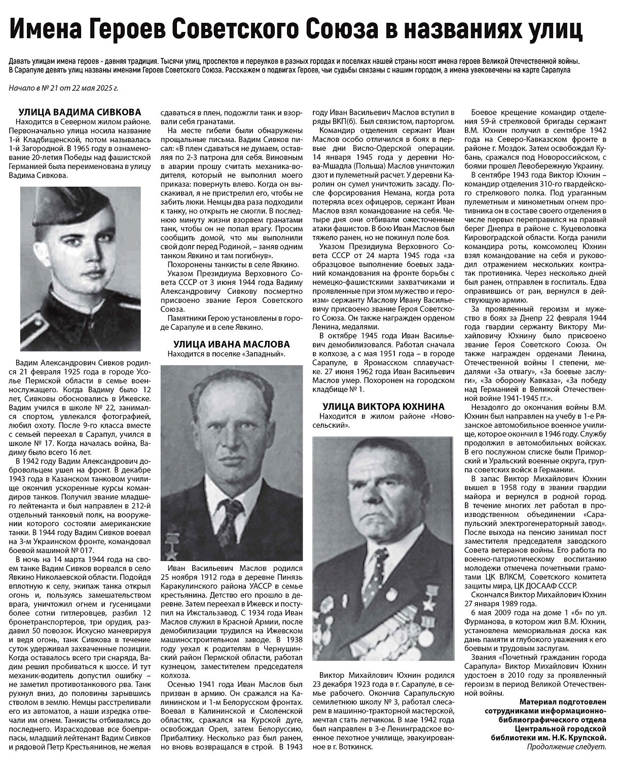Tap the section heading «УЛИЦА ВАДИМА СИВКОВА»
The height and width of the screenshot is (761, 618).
click(80, 112)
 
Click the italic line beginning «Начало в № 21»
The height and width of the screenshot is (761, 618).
click(63, 88)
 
